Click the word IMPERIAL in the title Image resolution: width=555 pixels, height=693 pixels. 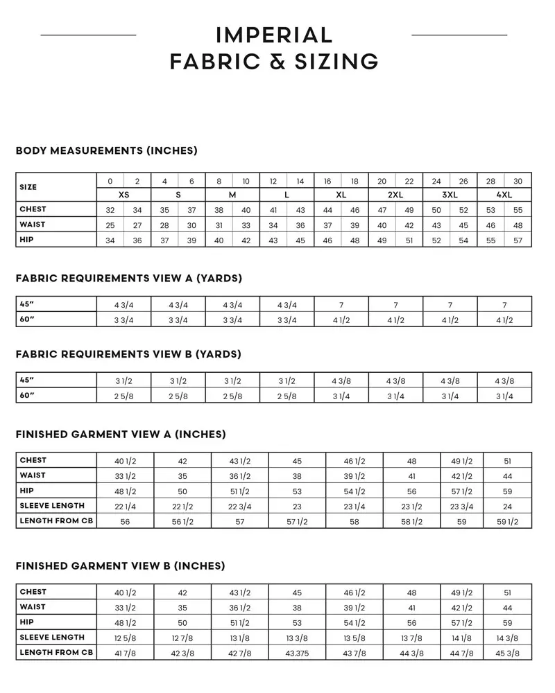(275, 35)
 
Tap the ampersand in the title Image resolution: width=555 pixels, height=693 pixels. (270, 61)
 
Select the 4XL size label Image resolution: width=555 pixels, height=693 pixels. (504, 195)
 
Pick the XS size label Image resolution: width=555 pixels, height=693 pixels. (123, 195)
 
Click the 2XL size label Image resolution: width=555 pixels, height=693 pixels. (395, 195)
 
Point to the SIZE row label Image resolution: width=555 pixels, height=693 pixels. (28, 187)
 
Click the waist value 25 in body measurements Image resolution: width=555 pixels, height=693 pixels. (110, 225)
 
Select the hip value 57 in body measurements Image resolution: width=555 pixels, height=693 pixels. (518, 240)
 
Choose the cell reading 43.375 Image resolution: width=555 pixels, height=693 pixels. (297, 652)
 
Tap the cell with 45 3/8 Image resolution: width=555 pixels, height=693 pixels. (507, 652)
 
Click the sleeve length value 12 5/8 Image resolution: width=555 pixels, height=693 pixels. (125, 638)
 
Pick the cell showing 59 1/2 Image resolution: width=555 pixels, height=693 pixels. (507, 521)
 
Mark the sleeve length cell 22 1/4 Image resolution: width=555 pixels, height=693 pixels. (125, 506)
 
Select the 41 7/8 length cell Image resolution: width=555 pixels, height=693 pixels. (125, 652)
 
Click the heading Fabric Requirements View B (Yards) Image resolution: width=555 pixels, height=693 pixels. (128, 354)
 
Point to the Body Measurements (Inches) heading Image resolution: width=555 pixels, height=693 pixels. (106, 150)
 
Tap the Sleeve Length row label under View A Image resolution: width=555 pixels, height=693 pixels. (52, 506)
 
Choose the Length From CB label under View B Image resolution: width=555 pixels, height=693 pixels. (56, 652)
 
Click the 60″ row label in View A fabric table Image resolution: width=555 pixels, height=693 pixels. (27, 319)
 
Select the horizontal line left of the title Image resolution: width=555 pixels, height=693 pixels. (88, 34)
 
